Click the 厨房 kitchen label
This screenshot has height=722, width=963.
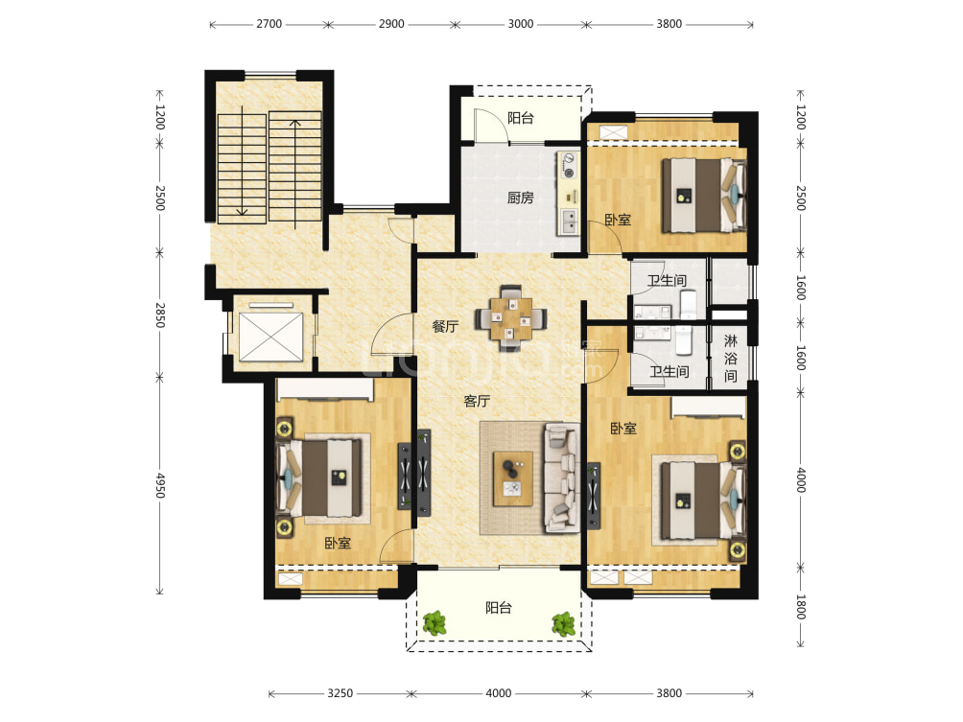pos(520,198)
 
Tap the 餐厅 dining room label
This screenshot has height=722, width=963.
pos(445,327)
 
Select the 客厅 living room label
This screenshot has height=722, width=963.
pos(477,402)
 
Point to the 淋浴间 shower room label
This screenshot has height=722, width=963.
pos(730,359)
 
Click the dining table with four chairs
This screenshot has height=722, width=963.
pos(511,318)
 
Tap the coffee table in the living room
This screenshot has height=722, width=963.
pos(513,478)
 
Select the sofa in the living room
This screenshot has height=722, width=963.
pos(561,477)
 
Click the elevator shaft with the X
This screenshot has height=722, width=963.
pos(270,337)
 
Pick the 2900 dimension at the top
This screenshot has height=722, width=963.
pos(391,24)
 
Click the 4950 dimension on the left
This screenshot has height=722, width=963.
pos(160,485)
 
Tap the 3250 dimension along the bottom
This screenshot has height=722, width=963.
pos(340,693)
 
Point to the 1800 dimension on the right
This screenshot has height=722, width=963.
pos(801,607)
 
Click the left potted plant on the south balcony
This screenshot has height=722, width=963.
pos(435,623)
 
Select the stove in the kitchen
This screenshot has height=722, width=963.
pos(569,166)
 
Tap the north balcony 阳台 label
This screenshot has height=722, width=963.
pos(520,118)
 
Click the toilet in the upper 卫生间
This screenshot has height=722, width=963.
pos(688,304)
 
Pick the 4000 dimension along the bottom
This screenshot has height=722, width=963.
pos(498,693)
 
